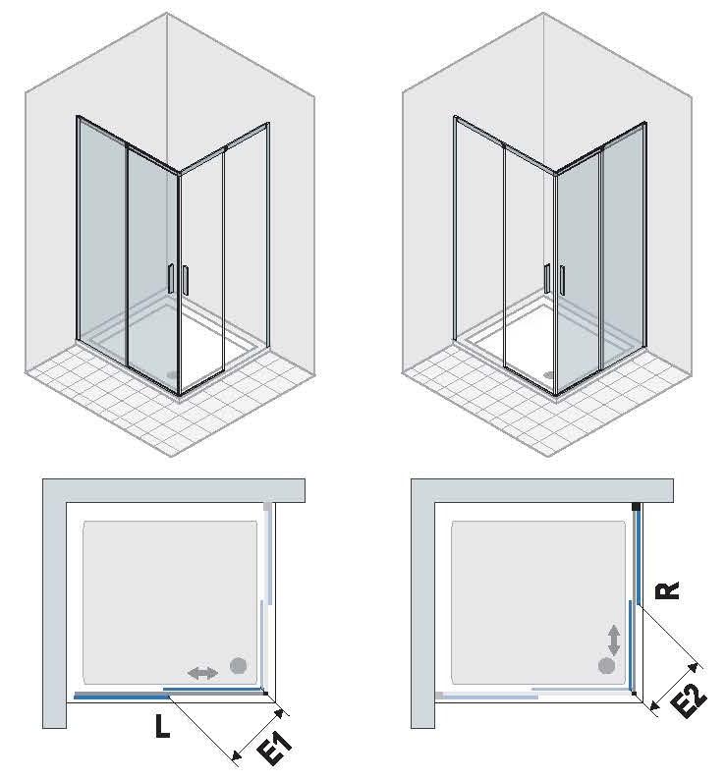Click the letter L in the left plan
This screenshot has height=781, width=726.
(162, 726)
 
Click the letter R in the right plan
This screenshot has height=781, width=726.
(668, 590)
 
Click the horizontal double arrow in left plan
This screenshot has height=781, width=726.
(203, 673)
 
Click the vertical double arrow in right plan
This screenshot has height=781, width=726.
(614, 641)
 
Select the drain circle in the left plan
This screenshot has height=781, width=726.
(239, 665)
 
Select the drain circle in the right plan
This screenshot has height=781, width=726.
(606, 665)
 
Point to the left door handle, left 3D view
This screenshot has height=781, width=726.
(170, 278)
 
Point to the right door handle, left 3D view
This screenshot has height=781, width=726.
(186, 280)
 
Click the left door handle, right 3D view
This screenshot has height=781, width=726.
(547, 278)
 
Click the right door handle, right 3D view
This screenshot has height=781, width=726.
(562, 280)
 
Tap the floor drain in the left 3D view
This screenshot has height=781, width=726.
(172, 374)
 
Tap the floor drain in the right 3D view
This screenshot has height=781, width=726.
(550, 374)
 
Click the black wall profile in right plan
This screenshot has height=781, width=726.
(636, 507)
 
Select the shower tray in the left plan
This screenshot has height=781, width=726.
(170, 602)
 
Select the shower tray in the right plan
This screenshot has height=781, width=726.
(537, 602)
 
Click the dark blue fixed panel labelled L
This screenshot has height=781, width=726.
(123, 697)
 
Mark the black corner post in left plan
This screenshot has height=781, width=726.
(266, 693)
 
